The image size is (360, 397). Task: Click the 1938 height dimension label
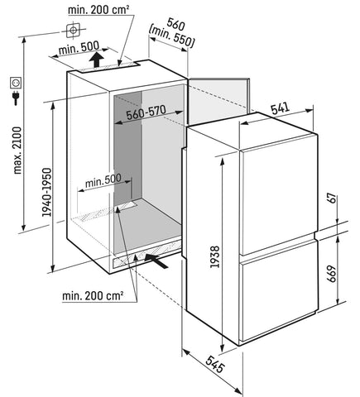(214, 256)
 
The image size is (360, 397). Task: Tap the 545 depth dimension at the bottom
(215, 364)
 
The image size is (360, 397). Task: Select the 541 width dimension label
(280, 108)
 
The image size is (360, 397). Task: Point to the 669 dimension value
(332, 274)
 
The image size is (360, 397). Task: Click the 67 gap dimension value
(333, 198)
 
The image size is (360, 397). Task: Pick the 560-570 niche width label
(146, 112)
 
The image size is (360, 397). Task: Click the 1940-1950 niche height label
(46, 192)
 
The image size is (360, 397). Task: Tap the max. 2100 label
(17, 151)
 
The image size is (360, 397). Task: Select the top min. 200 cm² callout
(98, 10)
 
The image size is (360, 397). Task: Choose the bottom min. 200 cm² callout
(93, 296)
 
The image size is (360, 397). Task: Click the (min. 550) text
(171, 37)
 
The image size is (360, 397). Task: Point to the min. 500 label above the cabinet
(79, 48)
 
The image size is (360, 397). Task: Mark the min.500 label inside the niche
(103, 181)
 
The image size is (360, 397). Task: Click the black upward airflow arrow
(96, 60)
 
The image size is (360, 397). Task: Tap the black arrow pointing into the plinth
(156, 261)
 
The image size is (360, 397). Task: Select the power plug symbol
(16, 98)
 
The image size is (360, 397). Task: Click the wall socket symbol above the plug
(16, 83)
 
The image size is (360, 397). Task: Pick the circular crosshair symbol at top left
(73, 31)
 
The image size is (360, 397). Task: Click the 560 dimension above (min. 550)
(175, 24)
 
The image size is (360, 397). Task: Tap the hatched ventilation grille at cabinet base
(146, 254)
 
